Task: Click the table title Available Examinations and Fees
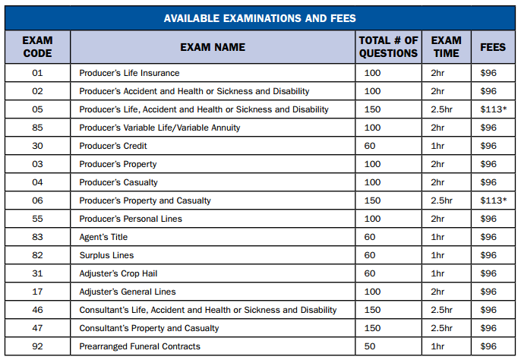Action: pos(260,18)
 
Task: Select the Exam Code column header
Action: pos(37,47)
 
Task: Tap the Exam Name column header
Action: pos(213,47)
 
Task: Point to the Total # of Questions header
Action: pos(388,47)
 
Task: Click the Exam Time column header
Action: pos(446,47)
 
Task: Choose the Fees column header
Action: pos(493,47)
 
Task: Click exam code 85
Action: pos(37,128)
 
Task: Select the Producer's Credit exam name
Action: pos(113,146)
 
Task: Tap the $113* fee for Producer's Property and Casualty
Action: pos(493,201)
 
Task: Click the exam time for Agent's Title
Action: pos(437,237)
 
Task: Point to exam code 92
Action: pos(37,346)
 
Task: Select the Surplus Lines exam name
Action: pos(106,255)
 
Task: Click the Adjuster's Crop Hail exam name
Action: pos(118,273)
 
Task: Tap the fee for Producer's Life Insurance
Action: pos(488,73)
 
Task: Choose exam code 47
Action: pos(37,328)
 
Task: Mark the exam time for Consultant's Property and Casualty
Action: pos(441,328)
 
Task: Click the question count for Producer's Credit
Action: pos(370,146)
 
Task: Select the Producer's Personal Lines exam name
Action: pos(131,219)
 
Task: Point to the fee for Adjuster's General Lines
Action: pos(488,292)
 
